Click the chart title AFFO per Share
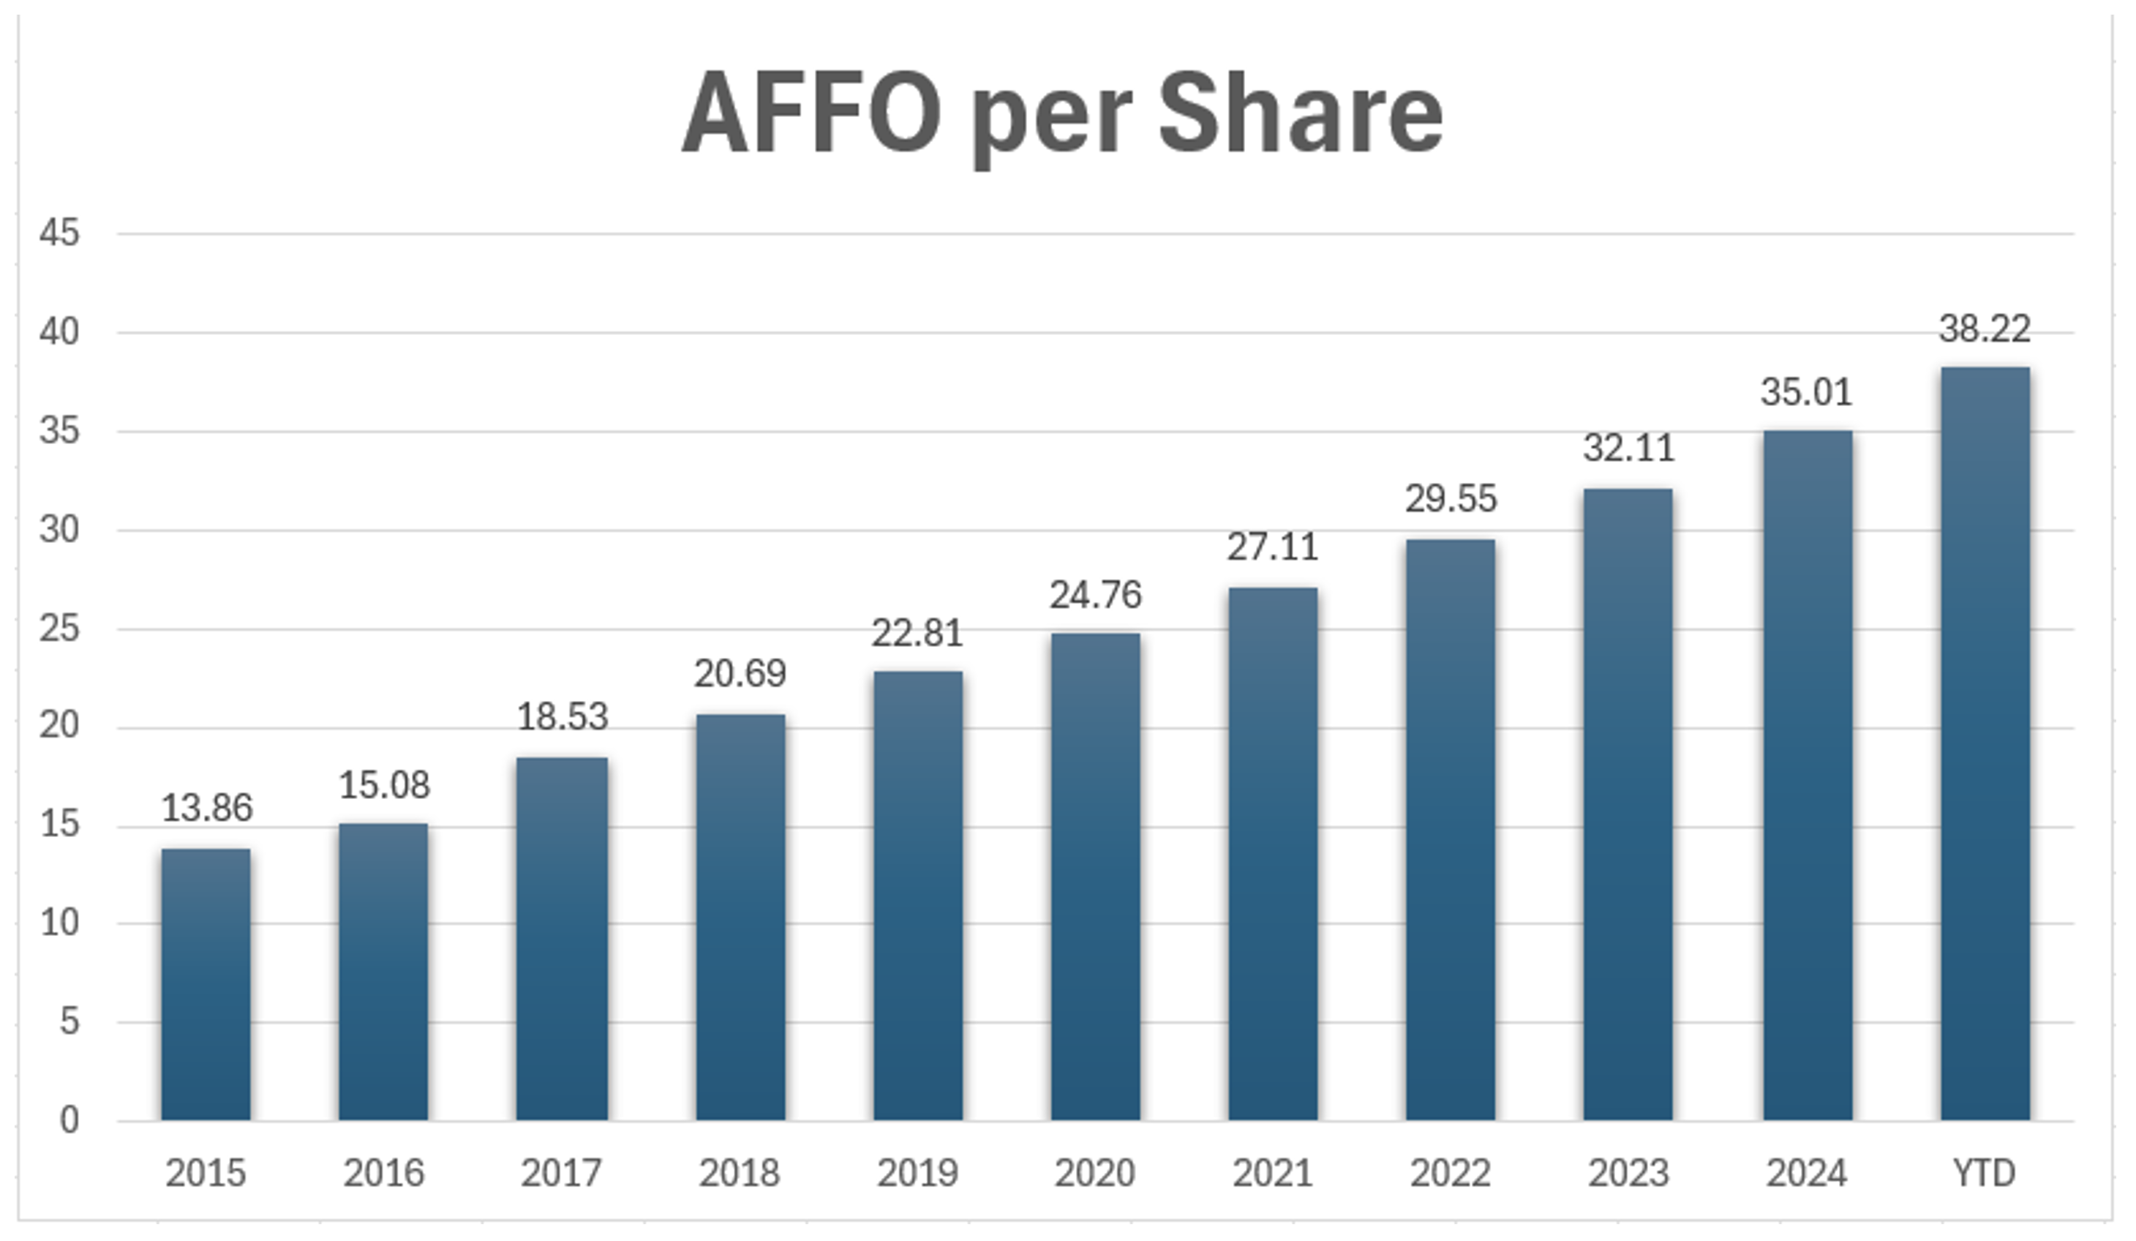point(1062,114)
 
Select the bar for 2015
point(206,984)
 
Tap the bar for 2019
point(918,896)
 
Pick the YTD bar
point(1985,743)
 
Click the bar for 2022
point(1451,830)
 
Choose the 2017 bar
point(562,938)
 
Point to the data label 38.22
point(1985,329)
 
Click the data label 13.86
point(207,808)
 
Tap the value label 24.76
point(1095,595)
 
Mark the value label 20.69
point(740,674)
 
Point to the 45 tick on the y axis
point(59,233)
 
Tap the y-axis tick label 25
point(59,629)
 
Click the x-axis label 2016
point(384,1173)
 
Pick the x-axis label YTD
point(1985,1173)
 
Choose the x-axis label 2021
point(1272,1173)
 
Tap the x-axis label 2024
point(1806,1173)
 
